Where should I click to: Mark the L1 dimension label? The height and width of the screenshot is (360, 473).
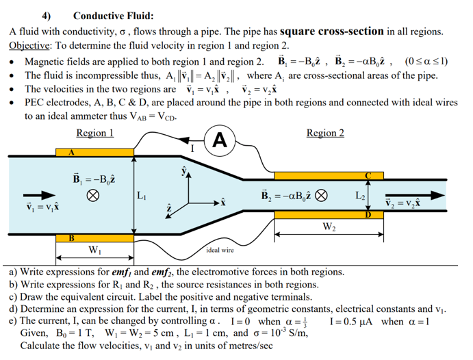click(142, 196)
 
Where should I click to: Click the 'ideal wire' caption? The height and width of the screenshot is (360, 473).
click(222, 250)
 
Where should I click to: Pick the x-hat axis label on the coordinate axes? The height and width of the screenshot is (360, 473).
click(224, 205)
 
